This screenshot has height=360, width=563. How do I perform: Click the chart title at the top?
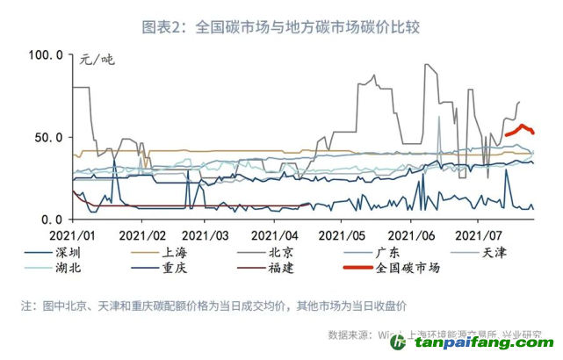click(x=281, y=27)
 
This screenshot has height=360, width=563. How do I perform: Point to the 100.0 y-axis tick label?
click(x=46, y=55)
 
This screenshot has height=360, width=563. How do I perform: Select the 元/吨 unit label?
click(x=97, y=60)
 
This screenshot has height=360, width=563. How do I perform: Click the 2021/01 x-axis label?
click(x=72, y=236)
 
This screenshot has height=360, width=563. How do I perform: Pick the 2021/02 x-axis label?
click(x=142, y=236)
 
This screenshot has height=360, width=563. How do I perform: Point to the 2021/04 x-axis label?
click(x=275, y=236)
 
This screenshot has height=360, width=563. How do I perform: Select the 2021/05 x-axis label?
click(x=342, y=236)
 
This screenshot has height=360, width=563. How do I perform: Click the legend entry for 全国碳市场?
click(x=408, y=268)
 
